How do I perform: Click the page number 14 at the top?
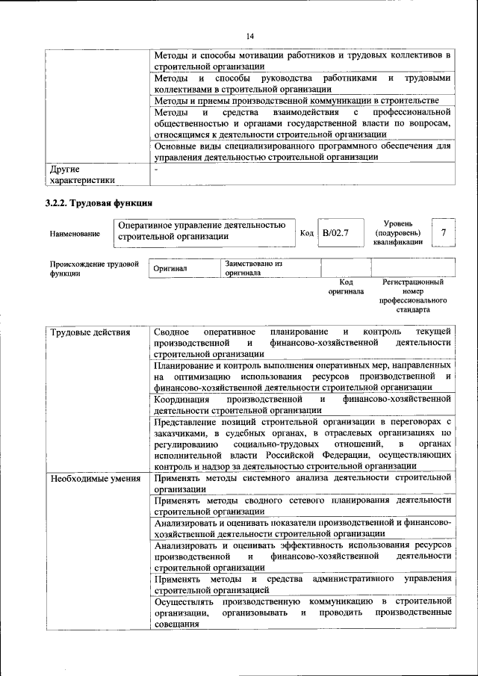(x=249, y=37)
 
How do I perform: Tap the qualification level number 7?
(x=444, y=233)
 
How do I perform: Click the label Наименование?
(x=75, y=235)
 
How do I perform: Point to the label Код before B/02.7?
(x=306, y=234)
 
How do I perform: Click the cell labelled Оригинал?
(x=170, y=268)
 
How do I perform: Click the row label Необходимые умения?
(x=96, y=478)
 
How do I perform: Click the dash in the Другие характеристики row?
(x=155, y=170)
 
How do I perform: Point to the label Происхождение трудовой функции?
(x=94, y=268)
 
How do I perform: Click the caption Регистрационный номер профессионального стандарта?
(x=412, y=295)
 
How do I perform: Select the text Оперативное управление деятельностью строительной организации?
(x=202, y=231)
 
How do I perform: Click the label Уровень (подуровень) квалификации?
(x=400, y=232)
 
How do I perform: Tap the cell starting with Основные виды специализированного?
(x=302, y=152)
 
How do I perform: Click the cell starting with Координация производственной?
(x=302, y=406)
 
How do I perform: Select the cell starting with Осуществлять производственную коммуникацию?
(x=302, y=612)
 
